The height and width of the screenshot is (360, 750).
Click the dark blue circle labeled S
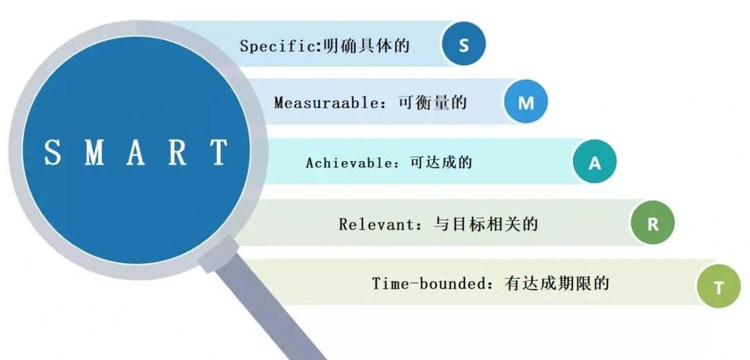click(x=464, y=44)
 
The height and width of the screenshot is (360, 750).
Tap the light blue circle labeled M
click(x=526, y=103)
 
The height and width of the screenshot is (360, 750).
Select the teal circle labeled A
click(x=595, y=163)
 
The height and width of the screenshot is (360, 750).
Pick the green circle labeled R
click(x=653, y=224)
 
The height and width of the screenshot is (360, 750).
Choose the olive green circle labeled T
click(x=718, y=287)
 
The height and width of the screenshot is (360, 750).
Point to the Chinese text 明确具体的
click(x=377, y=46)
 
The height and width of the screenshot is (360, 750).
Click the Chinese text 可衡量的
click(x=433, y=103)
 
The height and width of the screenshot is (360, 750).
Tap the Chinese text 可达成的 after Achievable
click(x=440, y=163)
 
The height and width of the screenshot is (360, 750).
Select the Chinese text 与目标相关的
click(x=486, y=224)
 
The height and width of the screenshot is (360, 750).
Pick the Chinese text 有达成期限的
click(x=557, y=283)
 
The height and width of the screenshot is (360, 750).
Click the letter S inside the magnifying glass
click(x=53, y=153)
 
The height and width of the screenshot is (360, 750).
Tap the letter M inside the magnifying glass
click(x=95, y=153)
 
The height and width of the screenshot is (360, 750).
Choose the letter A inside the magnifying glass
click(x=137, y=153)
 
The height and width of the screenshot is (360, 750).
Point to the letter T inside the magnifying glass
click(x=219, y=153)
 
